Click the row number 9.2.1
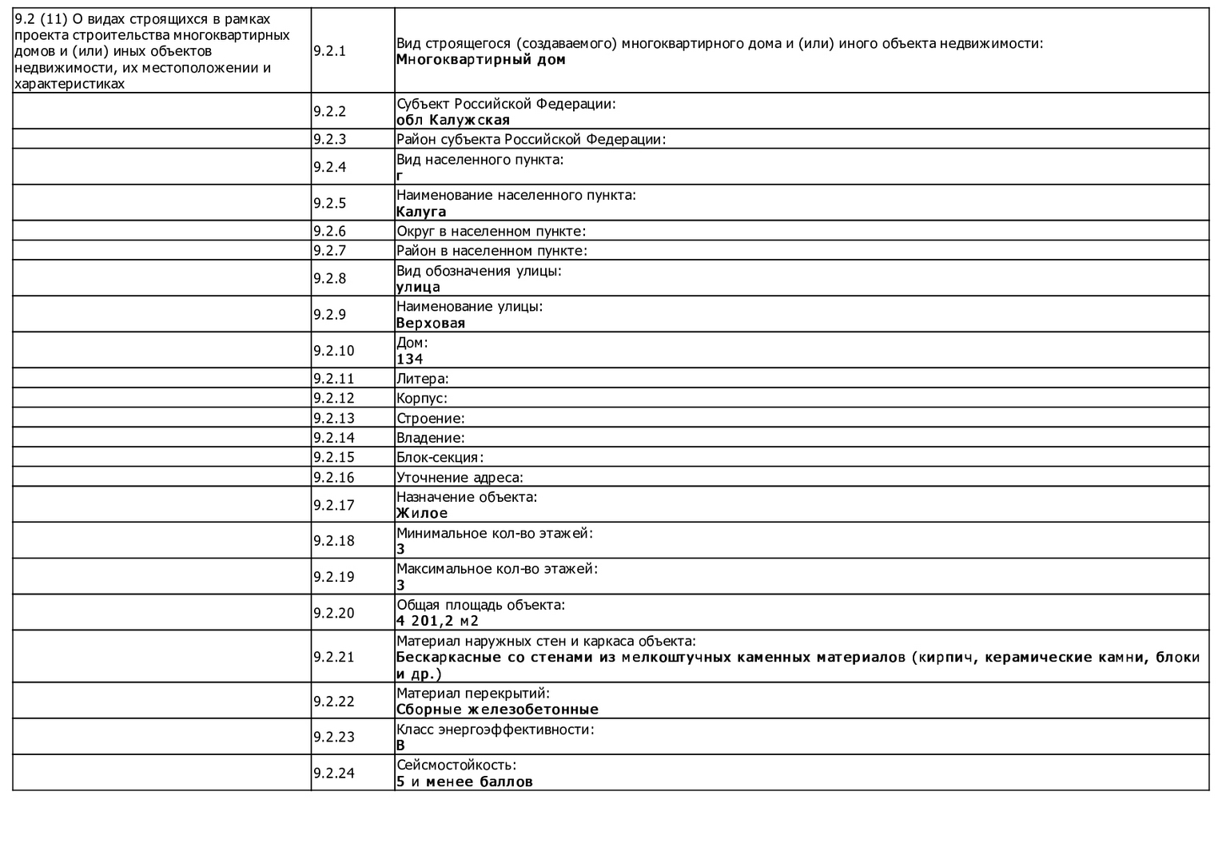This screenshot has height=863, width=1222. (x=329, y=51)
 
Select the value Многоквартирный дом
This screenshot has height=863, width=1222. (x=480, y=60)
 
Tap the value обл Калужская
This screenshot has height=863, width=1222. (x=452, y=121)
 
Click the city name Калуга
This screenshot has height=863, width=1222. (x=421, y=212)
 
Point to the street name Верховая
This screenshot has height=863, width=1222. (x=430, y=324)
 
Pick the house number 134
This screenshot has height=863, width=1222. (x=409, y=360)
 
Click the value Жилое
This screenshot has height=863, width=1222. (x=422, y=513)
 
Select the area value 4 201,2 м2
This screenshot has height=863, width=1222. (x=437, y=621)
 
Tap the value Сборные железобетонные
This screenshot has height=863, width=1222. (x=497, y=710)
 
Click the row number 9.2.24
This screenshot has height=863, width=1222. (x=333, y=773)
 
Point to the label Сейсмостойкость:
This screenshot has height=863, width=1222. (x=456, y=765)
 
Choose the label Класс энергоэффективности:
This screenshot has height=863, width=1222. (x=496, y=729)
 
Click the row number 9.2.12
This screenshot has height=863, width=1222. (x=333, y=398)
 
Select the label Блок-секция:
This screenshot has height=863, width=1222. (x=440, y=458)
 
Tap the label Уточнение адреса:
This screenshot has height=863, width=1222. (x=460, y=478)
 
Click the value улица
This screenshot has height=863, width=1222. (x=418, y=288)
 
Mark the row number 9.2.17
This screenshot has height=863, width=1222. (x=333, y=505)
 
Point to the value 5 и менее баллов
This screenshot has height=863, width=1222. (x=464, y=781)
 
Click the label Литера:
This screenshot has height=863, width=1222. (x=422, y=379)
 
